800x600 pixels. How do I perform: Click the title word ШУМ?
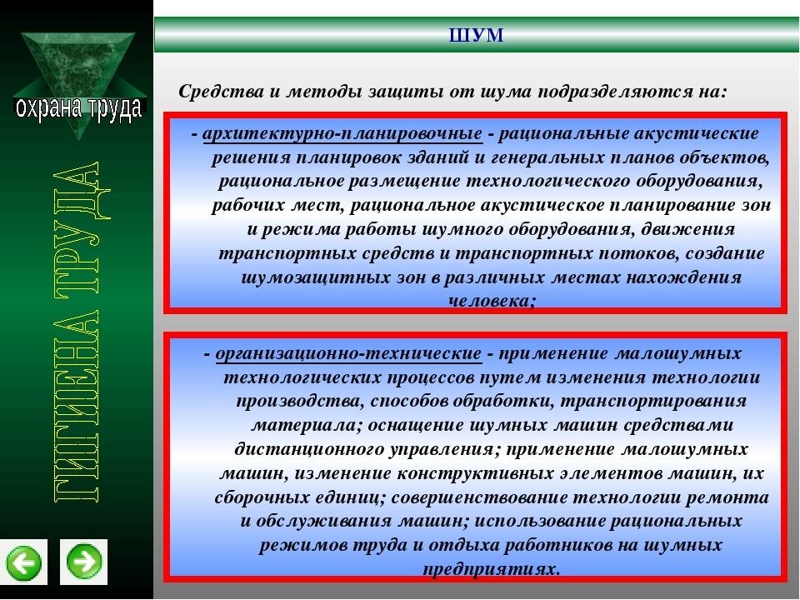tap(476, 35)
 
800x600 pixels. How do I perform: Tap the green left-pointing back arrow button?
tap(23, 562)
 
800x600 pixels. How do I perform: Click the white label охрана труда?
tap(78, 107)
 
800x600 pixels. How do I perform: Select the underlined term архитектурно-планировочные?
tap(342, 133)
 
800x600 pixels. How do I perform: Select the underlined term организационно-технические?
tap(348, 353)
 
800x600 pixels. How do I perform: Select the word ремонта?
tap(730, 497)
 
